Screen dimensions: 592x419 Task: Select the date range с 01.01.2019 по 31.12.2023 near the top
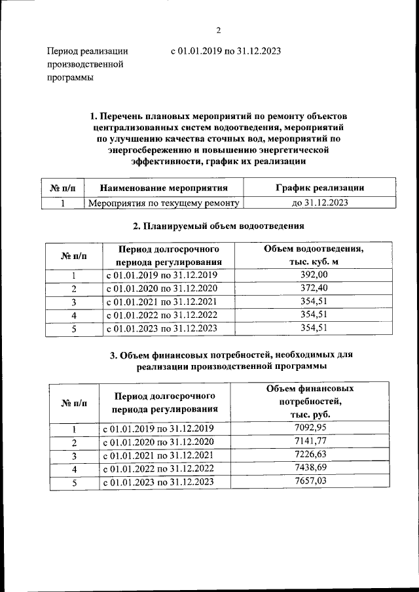(x=225, y=51)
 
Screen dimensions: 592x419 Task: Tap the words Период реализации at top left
(x=86, y=51)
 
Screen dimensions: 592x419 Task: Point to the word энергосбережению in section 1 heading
(x=149, y=150)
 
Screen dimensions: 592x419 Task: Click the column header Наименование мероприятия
(x=164, y=188)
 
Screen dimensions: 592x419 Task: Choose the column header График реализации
(x=319, y=188)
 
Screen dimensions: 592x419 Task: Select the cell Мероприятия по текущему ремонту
(x=164, y=203)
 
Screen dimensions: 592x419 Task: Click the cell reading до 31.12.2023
(x=319, y=203)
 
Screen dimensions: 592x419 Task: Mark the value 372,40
(x=313, y=288)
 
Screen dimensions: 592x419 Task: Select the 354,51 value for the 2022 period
(x=313, y=315)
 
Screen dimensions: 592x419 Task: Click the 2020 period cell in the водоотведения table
(x=161, y=288)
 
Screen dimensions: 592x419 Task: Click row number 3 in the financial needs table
(x=74, y=455)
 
